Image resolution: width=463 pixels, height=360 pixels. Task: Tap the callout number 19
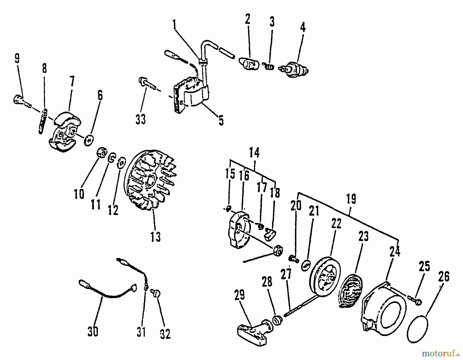[351, 199]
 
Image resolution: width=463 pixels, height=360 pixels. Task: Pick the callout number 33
[141, 119]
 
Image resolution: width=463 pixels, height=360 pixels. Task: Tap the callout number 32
[165, 334]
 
